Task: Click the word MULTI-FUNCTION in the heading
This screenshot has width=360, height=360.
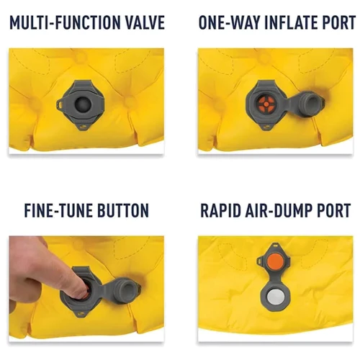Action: pyautogui.click(x=66, y=22)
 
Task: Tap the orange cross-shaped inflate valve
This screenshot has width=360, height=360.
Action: pyautogui.click(x=266, y=104)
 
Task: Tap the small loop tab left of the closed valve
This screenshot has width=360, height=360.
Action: pyautogui.click(x=59, y=104)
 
